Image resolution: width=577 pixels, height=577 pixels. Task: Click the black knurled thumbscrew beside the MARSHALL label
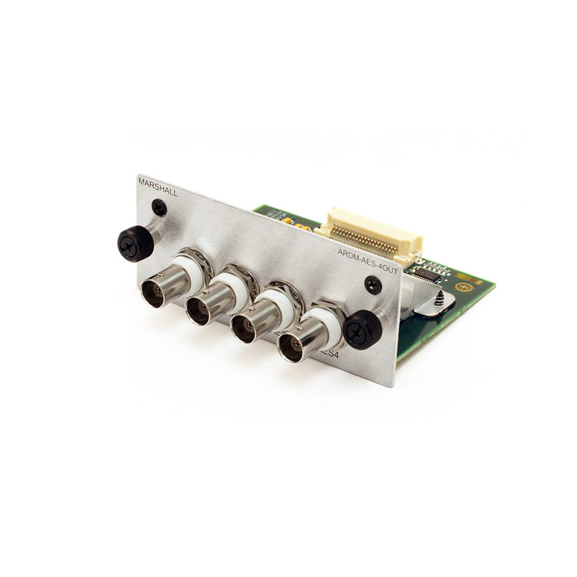click(x=135, y=243)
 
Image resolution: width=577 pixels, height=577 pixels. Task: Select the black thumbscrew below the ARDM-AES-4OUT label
click(x=363, y=329)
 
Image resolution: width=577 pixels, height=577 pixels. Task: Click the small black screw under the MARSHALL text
click(x=159, y=207)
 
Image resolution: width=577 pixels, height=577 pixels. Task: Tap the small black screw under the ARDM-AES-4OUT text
click(x=372, y=285)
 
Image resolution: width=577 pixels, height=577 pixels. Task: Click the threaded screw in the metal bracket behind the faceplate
click(x=439, y=299)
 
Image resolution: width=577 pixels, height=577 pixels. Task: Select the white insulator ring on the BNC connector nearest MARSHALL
click(x=190, y=269)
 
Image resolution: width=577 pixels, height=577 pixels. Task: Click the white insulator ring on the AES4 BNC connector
click(x=329, y=321)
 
